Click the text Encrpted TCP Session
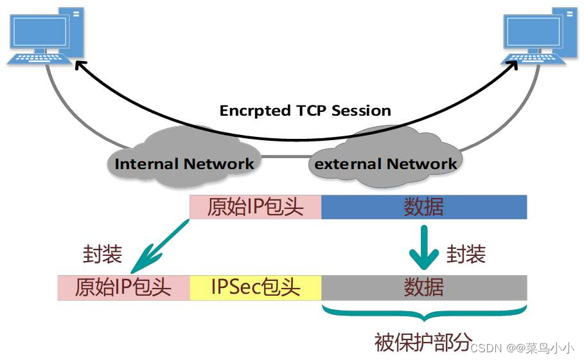click(305, 111)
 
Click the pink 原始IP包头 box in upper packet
click(255, 207)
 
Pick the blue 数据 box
click(424, 207)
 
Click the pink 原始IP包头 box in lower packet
click(123, 287)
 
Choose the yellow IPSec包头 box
click(256, 287)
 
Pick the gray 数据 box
click(424, 287)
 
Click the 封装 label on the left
click(103, 254)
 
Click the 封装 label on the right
click(466, 254)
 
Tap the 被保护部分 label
click(423, 340)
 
